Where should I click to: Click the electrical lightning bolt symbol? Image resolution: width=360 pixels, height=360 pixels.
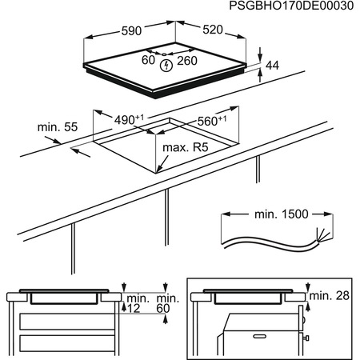click(166, 62)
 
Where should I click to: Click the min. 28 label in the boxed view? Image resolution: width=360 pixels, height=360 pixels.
click(330, 296)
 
